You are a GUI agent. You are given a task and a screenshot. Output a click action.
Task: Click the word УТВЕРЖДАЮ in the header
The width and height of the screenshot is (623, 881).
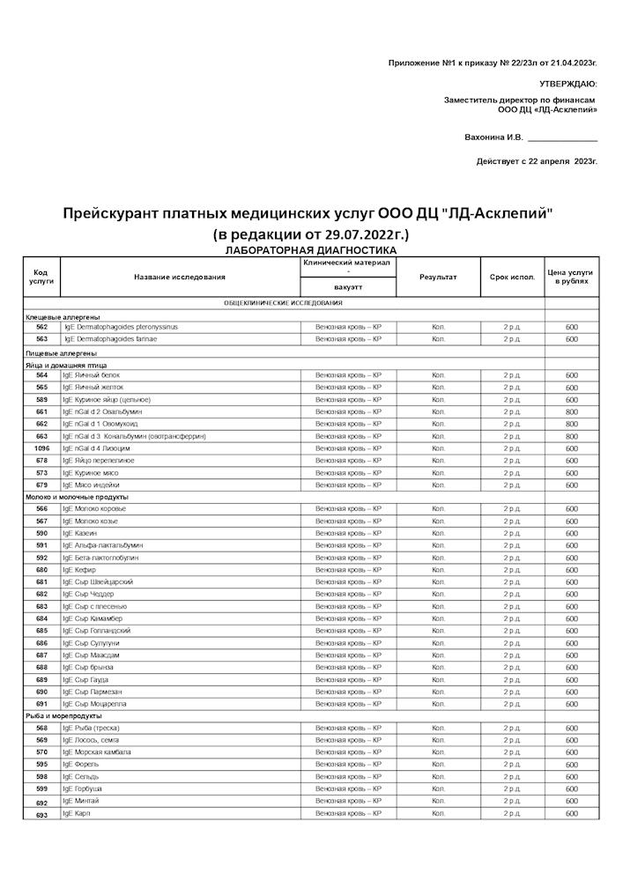pos(567,84)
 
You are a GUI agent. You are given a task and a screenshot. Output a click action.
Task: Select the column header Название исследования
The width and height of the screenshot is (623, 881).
pos(180,278)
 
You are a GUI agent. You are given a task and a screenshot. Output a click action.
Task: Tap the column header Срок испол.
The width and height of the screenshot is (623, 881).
pos(512,278)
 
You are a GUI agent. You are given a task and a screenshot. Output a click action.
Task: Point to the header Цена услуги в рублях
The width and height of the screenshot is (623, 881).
pos(571,278)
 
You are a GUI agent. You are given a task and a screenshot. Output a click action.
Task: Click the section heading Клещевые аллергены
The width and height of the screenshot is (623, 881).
pos(63,317)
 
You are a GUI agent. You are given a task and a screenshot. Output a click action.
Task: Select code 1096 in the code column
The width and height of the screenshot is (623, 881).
pos(41,448)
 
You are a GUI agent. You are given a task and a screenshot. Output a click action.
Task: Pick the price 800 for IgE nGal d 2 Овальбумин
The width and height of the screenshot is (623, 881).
pos(571,411)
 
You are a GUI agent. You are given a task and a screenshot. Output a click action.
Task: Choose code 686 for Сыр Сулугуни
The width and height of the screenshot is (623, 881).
pos(41,643)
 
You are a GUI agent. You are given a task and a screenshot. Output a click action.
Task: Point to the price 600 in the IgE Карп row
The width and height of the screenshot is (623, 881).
pos(571,814)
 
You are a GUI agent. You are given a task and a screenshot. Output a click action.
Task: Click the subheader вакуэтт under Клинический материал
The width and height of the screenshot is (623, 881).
pos(348,287)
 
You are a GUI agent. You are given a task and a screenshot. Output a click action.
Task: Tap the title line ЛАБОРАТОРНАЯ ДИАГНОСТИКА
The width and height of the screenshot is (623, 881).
pos(311,251)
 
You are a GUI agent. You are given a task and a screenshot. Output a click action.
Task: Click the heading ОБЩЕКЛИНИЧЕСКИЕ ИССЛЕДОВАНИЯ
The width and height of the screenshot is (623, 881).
pos(284,303)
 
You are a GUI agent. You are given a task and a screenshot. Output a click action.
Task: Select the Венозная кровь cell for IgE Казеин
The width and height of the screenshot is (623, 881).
pos(348,533)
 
